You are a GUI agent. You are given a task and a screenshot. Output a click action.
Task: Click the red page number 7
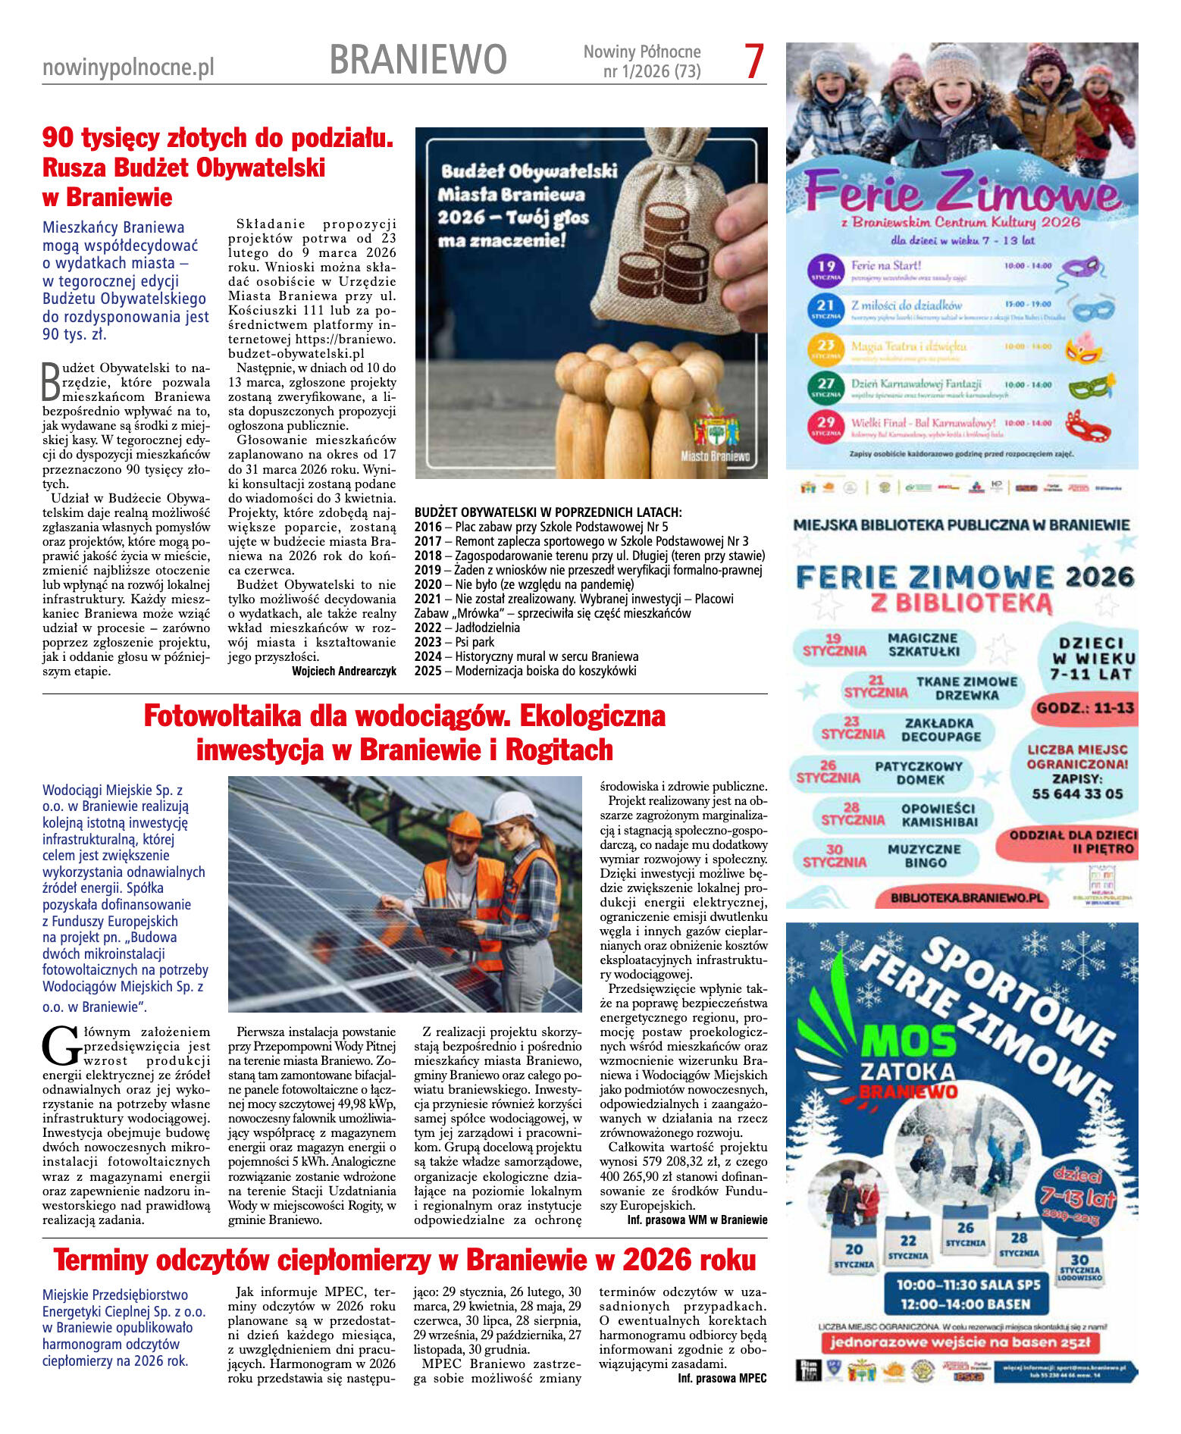coord(753,61)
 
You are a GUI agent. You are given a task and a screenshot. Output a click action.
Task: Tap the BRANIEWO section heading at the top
coord(418,60)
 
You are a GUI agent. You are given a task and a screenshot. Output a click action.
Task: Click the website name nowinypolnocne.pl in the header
coord(128,67)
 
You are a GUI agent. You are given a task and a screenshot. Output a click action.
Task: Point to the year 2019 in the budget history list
coord(428,570)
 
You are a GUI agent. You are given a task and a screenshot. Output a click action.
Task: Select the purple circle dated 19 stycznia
coord(826,269)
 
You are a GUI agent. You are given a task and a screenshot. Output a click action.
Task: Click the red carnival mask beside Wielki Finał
coord(1087,426)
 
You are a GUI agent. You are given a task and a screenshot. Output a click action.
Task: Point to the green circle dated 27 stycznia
coord(825,387)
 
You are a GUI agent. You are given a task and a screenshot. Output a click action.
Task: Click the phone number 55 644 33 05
coord(1077,794)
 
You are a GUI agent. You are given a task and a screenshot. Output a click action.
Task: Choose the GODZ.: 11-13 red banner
coord(1085,708)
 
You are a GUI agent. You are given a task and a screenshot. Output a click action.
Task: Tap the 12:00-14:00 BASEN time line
coord(965,1304)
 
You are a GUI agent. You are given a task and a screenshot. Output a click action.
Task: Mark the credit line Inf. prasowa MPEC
coord(722,1378)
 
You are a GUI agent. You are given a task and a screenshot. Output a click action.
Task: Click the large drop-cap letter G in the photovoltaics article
coord(61,1047)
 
